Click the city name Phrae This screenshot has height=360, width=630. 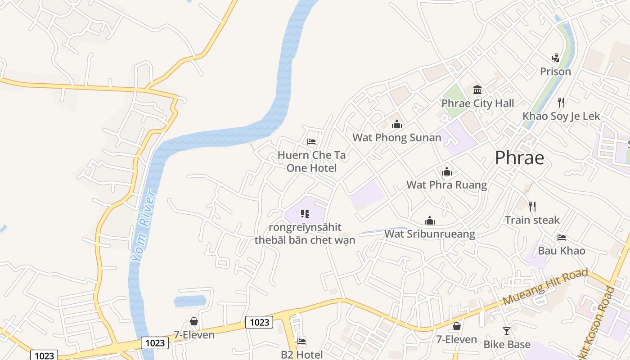tap(519, 158)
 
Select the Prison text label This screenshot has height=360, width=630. tap(555, 72)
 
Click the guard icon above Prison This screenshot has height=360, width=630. tap(555, 58)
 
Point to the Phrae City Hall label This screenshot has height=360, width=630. tap(477, 103)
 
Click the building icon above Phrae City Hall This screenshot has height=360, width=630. tap(477, 90)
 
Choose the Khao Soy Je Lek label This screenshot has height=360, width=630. tap(561, 116)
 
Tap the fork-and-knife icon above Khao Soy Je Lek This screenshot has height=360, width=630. tap(561, 102)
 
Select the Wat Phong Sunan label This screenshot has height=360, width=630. tap(396, 138)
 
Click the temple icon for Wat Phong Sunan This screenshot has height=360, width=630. tap(396, 124)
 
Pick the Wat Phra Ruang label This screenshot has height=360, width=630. tap(446, 185)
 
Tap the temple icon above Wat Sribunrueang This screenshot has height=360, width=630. tap(430, 220)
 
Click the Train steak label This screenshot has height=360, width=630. tap(532, 220)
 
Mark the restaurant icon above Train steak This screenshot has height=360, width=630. tap(532, 207)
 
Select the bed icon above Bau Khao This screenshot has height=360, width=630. tap(561, 237)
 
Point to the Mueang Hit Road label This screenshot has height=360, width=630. tap(545, 287)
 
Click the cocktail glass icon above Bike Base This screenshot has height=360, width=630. tap(507, 331)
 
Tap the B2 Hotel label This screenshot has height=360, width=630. tap(301, 355)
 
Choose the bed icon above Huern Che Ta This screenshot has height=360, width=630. tap(311, 142)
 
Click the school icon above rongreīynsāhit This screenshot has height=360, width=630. tap(305, 214)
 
